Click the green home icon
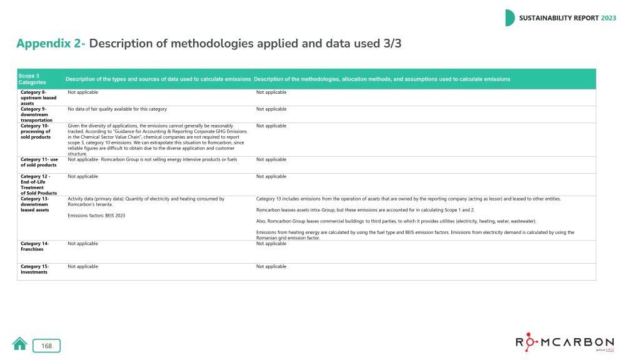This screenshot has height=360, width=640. pos(19,344)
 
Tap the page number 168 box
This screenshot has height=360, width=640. pos(46,346)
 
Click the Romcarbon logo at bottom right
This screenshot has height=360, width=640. pos(564,343)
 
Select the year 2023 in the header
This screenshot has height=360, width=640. pos(608,18)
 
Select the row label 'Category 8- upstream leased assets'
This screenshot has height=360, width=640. pos(38,97)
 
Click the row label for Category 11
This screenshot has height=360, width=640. pos(39,162)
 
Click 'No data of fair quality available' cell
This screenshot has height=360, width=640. pos(117,109)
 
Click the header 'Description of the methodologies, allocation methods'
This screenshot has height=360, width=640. pos(382,79)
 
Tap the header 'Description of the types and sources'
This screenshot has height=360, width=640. pos(158,79)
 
